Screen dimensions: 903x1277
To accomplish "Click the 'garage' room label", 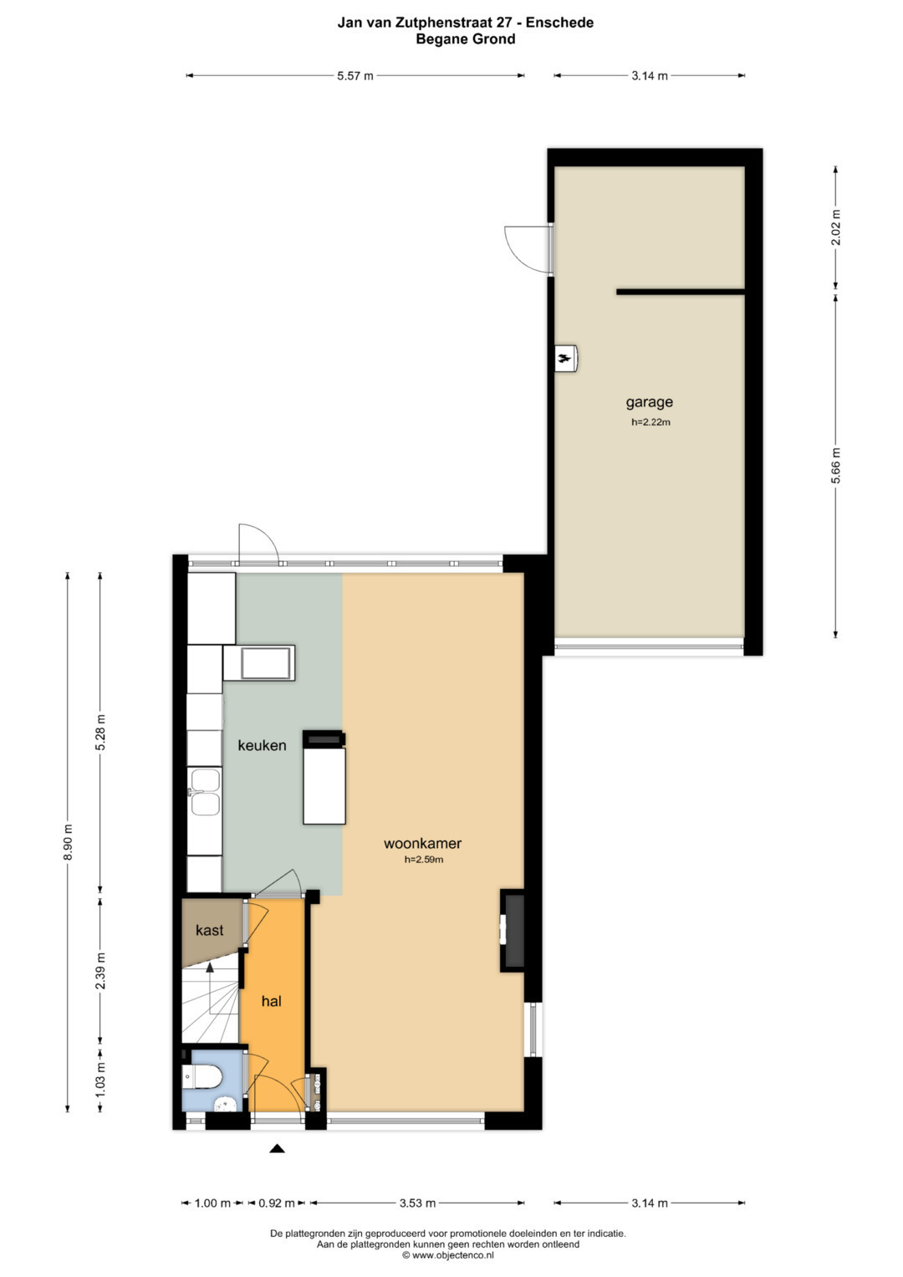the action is tap(650, 402).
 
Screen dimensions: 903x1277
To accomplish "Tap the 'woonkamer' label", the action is tap(422, 843).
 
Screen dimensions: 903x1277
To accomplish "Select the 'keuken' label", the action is tap(262, 745).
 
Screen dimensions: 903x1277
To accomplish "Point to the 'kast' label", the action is tap(209, 931).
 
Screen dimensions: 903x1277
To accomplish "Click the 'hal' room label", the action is tap(272, 1002).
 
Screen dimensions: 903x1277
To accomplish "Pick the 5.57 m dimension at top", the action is tap(355, 76).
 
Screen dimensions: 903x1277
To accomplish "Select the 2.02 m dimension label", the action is tap(836, 227).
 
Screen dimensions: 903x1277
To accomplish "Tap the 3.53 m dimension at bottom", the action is tap(417, 1203).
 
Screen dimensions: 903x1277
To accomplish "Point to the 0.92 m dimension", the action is tap(277, 1203).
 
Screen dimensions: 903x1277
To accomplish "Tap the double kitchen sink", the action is tap(205, 792).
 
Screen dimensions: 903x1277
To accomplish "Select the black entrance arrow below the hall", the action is tap(277, 1149).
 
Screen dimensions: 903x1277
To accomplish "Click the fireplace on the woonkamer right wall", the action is tap(512, 931).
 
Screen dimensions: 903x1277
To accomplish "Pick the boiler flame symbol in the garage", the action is tap(564, 359).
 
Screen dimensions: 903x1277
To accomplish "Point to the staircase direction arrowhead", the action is tap(210, 967).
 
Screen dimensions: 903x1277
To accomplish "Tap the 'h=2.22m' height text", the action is tap(650, 422).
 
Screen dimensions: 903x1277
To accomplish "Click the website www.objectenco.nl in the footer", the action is tap(452, 1255).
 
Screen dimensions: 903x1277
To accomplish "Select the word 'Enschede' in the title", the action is tap(559, 23).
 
